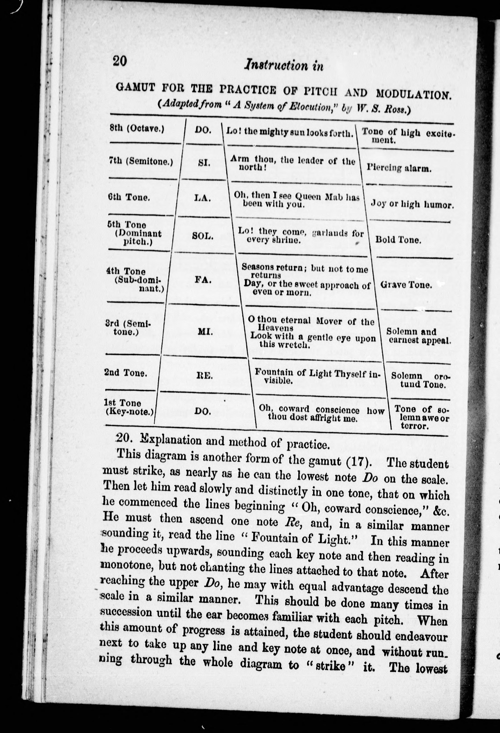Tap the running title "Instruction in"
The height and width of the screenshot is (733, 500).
pos(283,65)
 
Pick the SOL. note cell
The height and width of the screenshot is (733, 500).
pos(203,236)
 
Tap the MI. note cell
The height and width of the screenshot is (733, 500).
pos(205,332)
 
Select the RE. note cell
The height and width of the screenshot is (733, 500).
pos(205,376)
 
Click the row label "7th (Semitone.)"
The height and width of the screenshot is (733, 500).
pos(141,162)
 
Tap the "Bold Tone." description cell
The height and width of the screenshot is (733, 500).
pos(398,240)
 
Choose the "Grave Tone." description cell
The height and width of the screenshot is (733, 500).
pos(406,285)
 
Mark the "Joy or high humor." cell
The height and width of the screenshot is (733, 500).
pos(412,204)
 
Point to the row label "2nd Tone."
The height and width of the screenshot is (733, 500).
pos(125,373)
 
